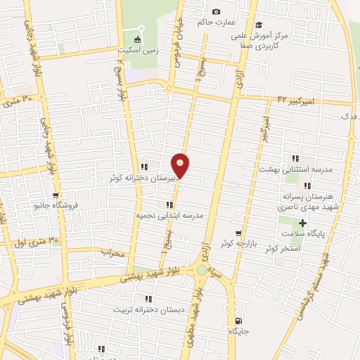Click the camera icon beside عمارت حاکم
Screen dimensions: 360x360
point(216,12)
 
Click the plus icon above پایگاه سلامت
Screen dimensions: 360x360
point(303,222)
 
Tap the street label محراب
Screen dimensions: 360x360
point(112,251)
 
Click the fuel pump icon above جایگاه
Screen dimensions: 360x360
point(236,320)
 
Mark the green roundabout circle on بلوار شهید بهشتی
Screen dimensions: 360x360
point(202,269)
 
